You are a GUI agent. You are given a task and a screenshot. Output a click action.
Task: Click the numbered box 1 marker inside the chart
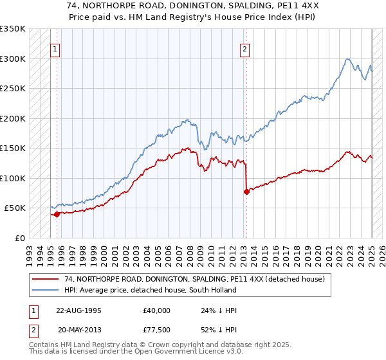point(55,48)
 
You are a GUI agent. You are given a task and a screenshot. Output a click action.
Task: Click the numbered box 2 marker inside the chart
point(245,48)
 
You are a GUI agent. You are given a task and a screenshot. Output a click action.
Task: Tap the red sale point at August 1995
point(57,214)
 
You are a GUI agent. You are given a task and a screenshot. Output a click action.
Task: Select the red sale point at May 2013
point(246,192)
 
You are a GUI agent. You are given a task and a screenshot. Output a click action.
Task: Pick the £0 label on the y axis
point(19,238)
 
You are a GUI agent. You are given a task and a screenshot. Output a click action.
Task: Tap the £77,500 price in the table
point(157,330)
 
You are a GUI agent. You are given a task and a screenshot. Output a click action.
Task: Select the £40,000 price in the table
point(157,310)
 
